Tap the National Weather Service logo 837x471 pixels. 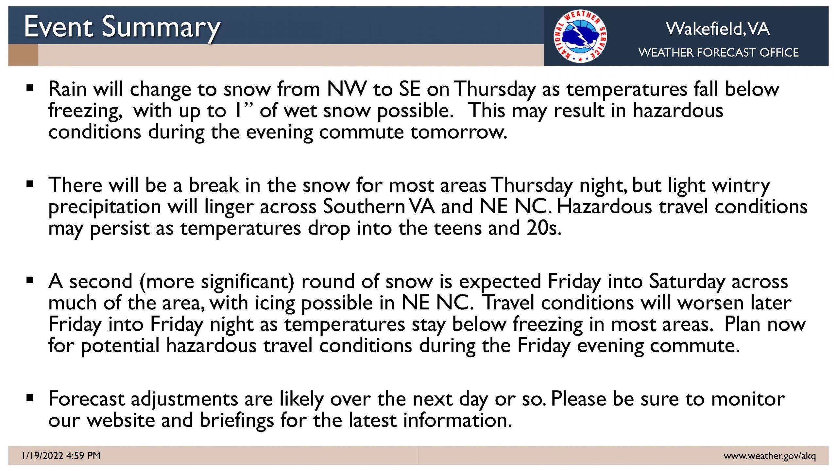(580, 36)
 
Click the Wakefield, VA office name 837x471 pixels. (718, 29)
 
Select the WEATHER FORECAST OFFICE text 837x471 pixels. (719, 52)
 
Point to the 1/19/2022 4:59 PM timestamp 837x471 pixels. (61, 455)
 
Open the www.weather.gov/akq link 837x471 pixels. (770, 456)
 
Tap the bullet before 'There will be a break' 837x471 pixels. (30, 184)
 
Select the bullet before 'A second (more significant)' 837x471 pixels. (30, 280)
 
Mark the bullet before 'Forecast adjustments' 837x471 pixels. (30, 398)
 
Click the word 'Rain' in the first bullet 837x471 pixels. (67, 89)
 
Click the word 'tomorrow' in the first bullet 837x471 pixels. (459, 132)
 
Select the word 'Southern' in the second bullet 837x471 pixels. (364, 207)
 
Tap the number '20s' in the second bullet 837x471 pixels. (544, 228)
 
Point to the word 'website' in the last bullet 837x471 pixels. (121, 420)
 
